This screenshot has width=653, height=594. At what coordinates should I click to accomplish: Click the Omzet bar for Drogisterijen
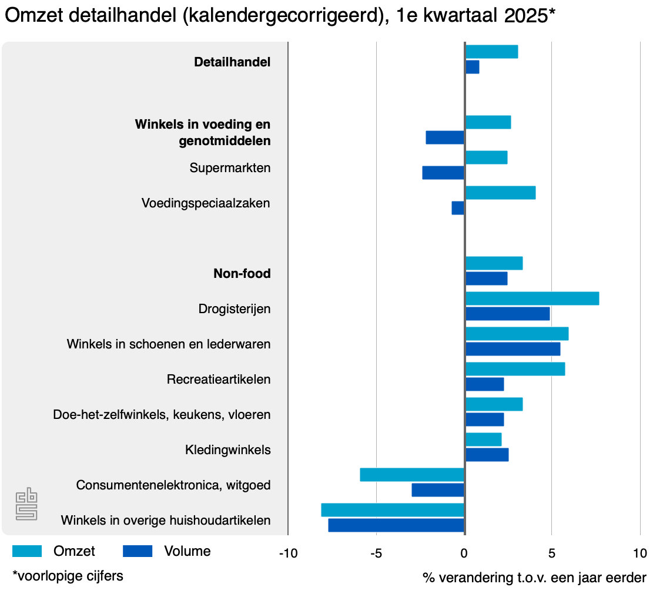[x=532, y=298]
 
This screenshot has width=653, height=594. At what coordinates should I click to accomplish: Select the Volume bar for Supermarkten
[x=443, y=173]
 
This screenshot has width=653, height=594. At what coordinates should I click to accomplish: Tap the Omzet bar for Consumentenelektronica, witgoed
[x=412, y=475]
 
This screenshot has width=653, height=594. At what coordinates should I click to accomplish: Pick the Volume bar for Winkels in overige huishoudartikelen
[x=396, y=525]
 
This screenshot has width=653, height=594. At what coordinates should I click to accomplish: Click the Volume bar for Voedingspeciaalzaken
[x=458, y=208]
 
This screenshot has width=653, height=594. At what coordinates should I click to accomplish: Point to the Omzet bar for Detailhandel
[x=491, y=52]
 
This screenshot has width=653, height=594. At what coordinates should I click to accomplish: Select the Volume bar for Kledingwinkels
[x=487, y=455]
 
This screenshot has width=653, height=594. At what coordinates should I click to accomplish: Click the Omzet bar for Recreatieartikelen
[x=515, y=369]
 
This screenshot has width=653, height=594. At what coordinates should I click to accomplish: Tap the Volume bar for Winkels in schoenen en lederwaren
[x=513, y=349]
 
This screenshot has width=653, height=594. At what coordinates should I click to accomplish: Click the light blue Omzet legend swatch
[x=27, y=551]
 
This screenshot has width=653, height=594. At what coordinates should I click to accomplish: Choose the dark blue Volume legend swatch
[x=138, y=551]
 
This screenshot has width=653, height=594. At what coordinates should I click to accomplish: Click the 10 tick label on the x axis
[x=639, y=553]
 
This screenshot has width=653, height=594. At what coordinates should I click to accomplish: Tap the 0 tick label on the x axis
[x=464, y=553]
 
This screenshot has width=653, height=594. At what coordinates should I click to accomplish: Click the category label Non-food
[x=242, y=274]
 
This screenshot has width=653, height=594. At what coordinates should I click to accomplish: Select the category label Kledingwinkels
[x=227, y=450]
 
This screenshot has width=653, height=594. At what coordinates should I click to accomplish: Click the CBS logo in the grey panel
[x=26, y=504]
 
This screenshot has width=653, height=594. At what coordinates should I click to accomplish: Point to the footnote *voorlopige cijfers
[x=68, y=576]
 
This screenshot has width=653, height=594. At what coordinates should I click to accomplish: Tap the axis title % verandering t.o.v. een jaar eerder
[x=534, y=578]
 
